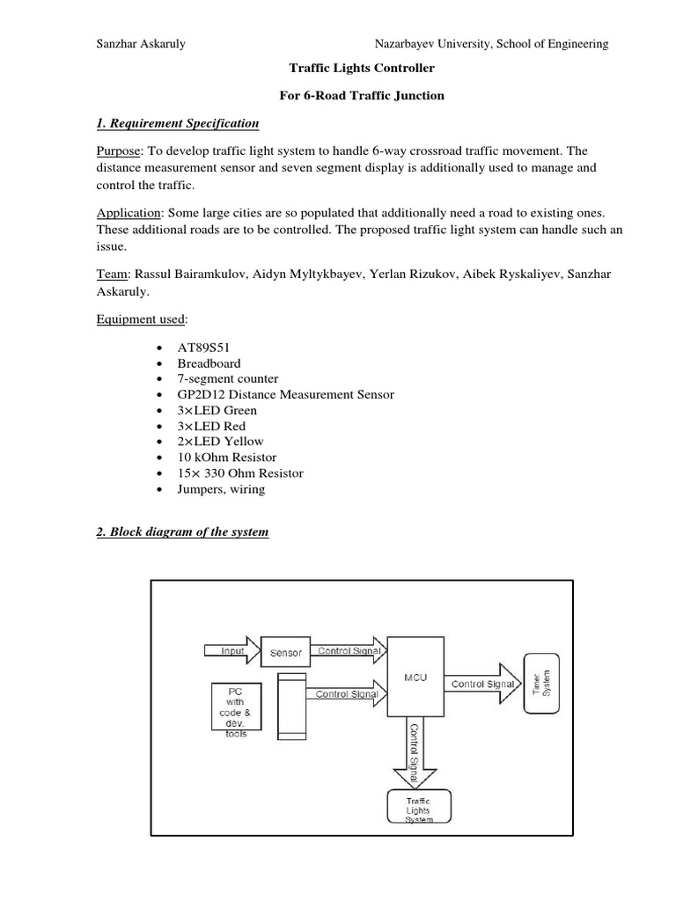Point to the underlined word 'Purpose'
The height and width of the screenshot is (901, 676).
click(118, 150)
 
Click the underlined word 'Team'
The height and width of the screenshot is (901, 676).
click(110, 275)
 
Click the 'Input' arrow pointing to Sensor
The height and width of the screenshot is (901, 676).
click(229, 651)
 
